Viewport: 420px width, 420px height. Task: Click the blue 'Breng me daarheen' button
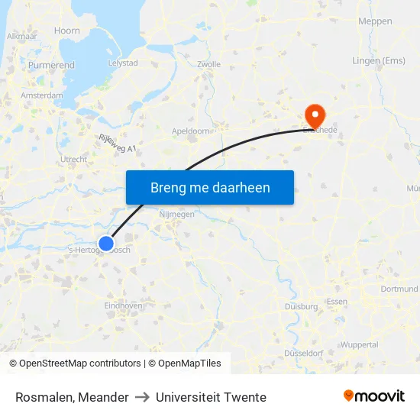click(210, 187)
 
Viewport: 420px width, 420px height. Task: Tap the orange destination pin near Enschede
click(314, 116)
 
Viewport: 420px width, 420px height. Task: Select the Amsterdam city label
click(43, 95)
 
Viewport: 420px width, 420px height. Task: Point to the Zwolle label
click(208, 65)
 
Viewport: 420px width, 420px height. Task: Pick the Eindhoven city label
click(123, 305)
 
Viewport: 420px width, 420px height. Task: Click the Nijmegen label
click(176, 215)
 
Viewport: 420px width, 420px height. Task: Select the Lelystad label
click(123, 63)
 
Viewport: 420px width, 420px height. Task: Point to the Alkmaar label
click(22, 36)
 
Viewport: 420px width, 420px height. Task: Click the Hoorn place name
click(67, 31)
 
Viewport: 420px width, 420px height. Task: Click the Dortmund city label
click(399, 289)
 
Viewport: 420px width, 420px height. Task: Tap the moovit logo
click(373, 396)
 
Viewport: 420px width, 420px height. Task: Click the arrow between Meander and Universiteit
click(142, 397)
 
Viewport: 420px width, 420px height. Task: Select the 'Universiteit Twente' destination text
click(211, 397)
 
